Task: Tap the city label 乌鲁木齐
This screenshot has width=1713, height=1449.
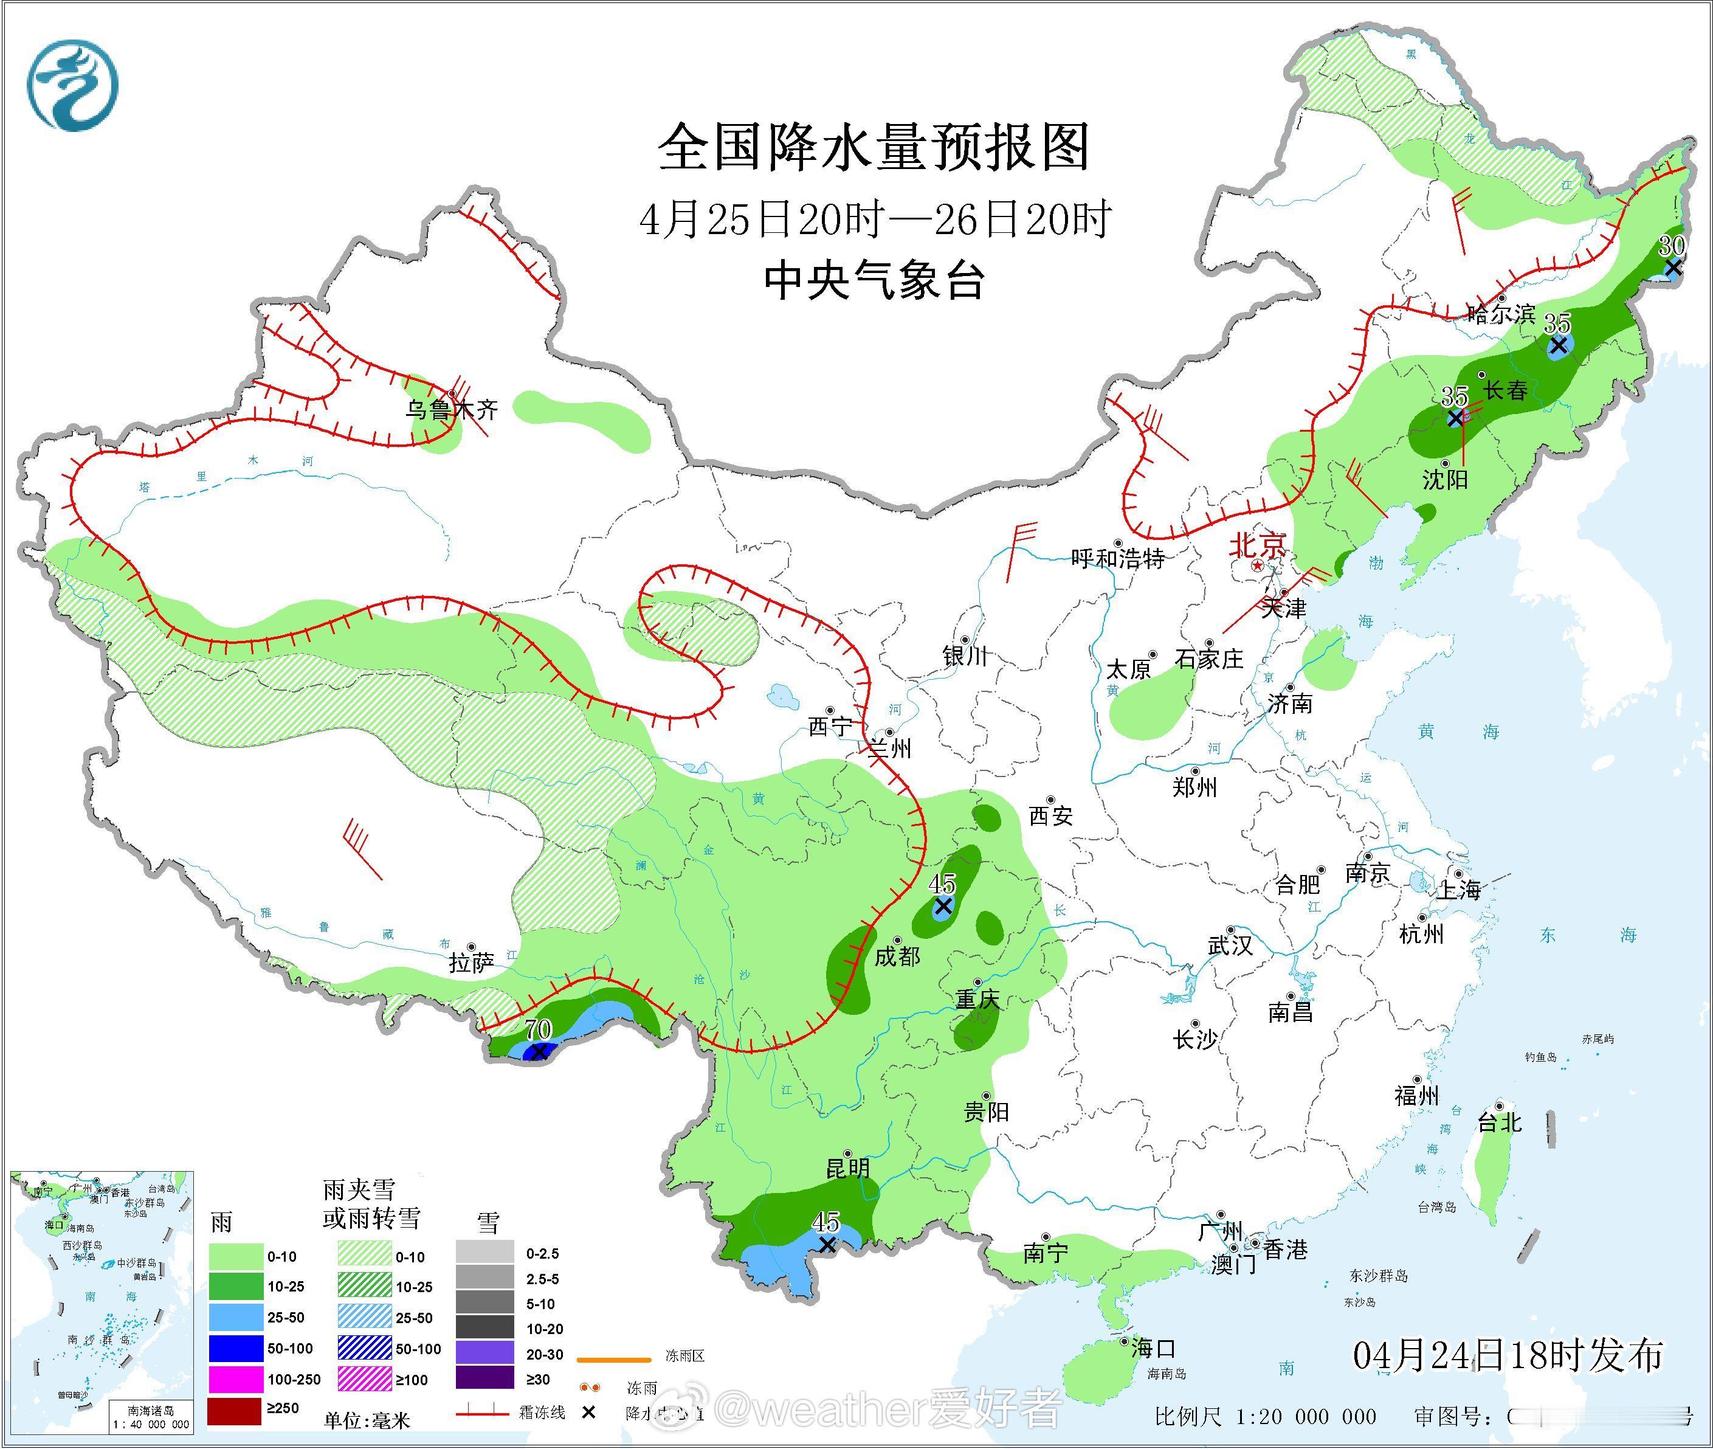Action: pyautogui.click(x=452, y=410)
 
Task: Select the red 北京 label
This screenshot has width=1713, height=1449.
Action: pyautogui.click(x=1256, y=545)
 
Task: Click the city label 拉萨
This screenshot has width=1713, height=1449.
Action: pyautogui.click(x=470, y=963)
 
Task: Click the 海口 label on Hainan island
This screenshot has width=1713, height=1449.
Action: pyautogui.click(x=1153, y=1348)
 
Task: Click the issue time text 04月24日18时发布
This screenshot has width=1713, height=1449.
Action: pyautogui.click(x=1508, y=1355)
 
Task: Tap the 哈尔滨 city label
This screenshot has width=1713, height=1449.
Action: pyautogui.click(x=1501, y=314)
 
